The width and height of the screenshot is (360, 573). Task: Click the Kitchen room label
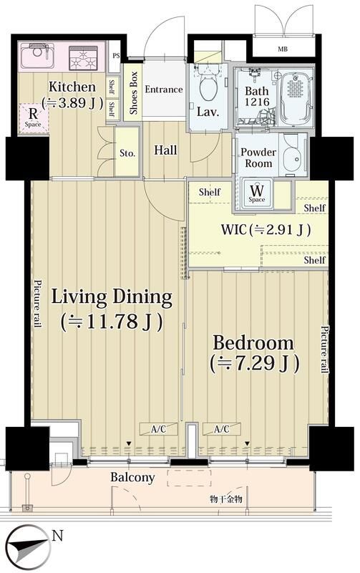pyautogui.click(x=72, y=87)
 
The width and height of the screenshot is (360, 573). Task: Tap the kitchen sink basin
pyautogui.click(x=37, y=56)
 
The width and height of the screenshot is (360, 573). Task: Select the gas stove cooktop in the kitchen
pyautogui.click(x=83, y=58)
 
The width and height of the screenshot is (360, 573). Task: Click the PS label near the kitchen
pyautogui.click(x=116, y=56)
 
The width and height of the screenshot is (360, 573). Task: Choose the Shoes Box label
pyautogui.click(x=133, y=93)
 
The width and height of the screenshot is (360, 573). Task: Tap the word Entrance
pyautogui.click(x=164, y=89)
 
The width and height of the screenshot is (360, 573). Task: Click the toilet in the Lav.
pyautogui.click(x=208, y=86)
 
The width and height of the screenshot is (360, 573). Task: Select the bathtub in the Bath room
pyautogui.click(x=296, y=97)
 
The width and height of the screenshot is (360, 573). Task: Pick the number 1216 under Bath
pyautogui.click(x=257, y=102)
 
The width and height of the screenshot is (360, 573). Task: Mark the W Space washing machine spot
pyautogui.click(x=257, y=193)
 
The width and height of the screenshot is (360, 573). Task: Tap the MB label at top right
pyautogui.click(x=282, y=49)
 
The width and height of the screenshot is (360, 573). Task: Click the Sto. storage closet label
pyautogui.click(x=127, y=153)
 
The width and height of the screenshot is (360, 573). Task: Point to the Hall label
pyautogui.click(x=165, y=150)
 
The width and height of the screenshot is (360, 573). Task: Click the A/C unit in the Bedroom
pyautogui.click(x=222, y=429)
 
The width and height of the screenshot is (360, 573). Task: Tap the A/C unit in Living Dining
pyautogui.click(x=158, y=429)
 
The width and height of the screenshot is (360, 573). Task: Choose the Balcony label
pyautogui.click(x=132, y=477)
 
